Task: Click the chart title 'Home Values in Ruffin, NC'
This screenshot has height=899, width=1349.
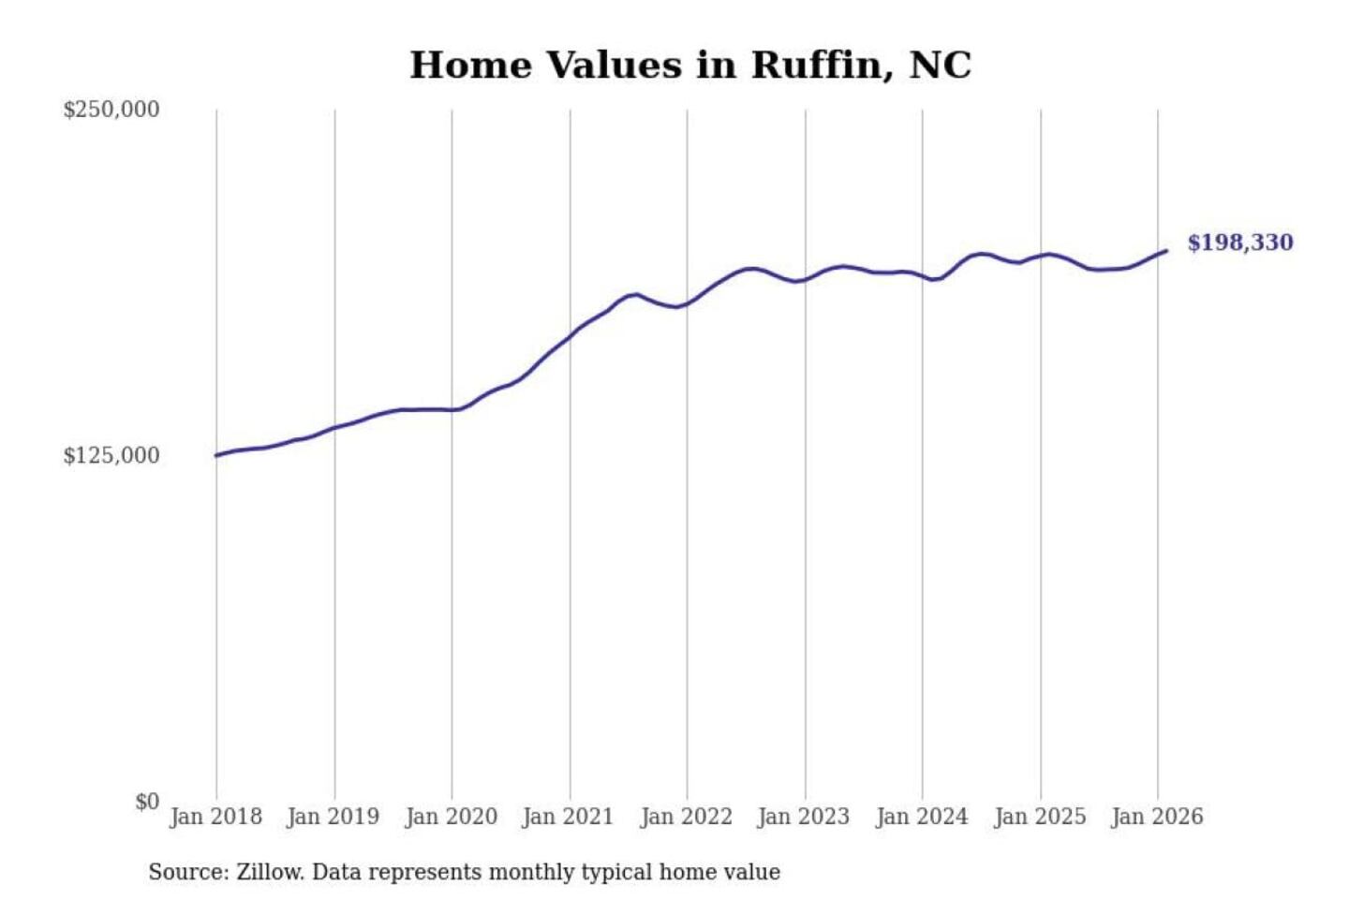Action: point(690,65)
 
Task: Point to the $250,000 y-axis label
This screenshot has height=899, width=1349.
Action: point(111,110)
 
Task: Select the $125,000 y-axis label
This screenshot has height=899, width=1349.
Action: point(111,456)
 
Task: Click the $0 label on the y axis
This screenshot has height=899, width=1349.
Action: point(147,802)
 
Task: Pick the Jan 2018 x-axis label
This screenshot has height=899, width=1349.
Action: point(215,817)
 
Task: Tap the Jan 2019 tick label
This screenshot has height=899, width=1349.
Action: point(334,817)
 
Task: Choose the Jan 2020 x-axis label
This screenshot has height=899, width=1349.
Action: point(451,817)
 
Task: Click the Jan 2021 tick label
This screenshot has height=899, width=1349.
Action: point(568,817)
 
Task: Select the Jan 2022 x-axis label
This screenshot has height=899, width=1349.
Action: point(686,817)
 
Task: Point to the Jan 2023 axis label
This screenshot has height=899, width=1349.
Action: point(804,817)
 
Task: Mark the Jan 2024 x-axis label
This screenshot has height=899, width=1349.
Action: point(922,817)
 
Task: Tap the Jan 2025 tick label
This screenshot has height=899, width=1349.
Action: point(1040,817)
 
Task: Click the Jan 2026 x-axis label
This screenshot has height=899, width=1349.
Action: point(1157,817)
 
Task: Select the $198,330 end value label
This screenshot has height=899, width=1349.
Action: point(1240,243)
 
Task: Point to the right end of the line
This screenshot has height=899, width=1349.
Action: point(1166,250)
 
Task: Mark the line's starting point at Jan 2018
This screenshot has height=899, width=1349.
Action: point(216,456)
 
